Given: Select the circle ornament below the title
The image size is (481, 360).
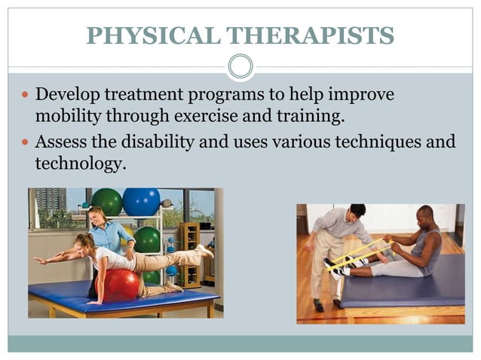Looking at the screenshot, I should click(x=240, y=67).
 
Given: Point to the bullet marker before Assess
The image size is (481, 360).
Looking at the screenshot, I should click(x=24, y=141).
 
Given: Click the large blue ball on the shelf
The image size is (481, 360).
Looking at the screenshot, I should click(x=141, y=202).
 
